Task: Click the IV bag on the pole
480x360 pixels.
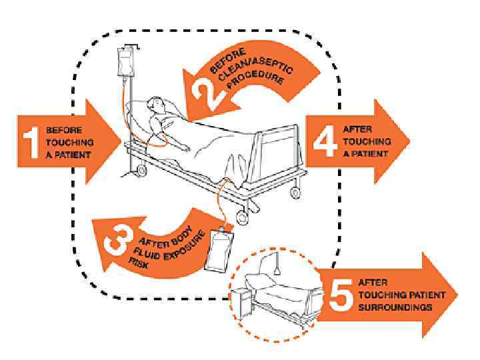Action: (125, 63)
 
